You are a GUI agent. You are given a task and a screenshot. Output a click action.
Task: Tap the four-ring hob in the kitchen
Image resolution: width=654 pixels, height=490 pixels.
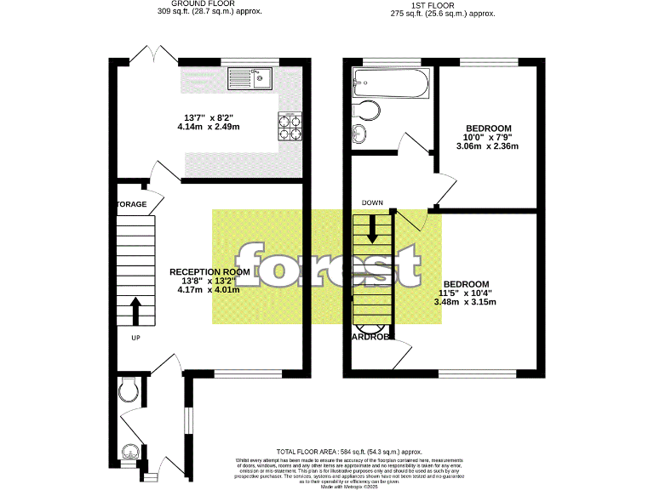click(290, 127)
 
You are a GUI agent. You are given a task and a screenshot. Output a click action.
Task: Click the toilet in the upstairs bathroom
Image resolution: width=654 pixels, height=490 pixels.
click(367, 111)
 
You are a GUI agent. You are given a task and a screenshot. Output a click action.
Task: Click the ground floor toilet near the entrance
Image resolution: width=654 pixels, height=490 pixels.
click(129, 390)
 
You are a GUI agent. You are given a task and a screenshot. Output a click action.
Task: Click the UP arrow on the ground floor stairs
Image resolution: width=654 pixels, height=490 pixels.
click(135, 311)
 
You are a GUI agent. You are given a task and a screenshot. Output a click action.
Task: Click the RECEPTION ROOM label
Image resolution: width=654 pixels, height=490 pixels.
click(209, 271)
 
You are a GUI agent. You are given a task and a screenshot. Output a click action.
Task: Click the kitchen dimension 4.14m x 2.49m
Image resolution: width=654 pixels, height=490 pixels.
click(209, 127)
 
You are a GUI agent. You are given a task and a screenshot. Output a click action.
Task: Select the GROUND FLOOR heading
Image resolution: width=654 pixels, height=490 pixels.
click(209, 3)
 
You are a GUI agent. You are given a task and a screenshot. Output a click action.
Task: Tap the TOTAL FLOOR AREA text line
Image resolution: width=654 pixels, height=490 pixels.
click(349, 451)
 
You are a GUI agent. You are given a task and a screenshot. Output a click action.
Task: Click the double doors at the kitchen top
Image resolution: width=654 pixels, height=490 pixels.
click(155, 53)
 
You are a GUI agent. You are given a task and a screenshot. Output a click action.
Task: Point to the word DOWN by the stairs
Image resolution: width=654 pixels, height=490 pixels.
click(372, 203)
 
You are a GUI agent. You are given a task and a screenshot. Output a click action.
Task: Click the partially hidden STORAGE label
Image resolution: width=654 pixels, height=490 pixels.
click(132, 205)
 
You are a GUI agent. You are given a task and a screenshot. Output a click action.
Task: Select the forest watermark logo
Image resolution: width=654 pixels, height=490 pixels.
click(328, 265)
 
